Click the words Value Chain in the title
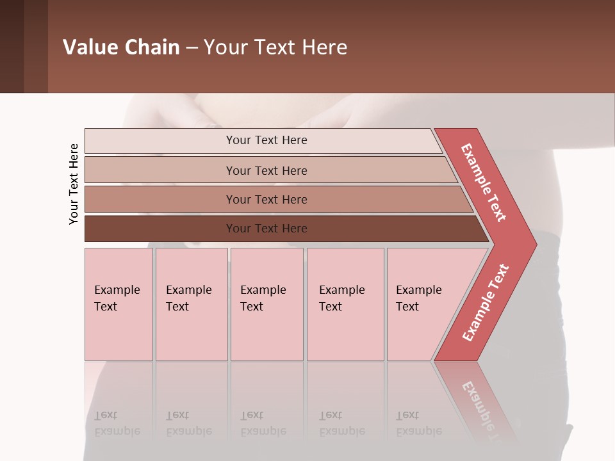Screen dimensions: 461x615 (121, 47)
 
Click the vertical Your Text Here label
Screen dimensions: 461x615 (74, 184)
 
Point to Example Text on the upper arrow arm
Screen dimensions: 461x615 (484, 182)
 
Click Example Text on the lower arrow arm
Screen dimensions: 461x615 (486, 302)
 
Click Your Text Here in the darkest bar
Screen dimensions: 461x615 (266, 229)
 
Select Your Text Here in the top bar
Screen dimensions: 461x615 (266, 140)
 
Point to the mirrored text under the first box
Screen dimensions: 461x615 (117, 423)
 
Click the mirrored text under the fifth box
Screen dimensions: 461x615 (419, 423)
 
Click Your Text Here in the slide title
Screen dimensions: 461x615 (275, 47)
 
